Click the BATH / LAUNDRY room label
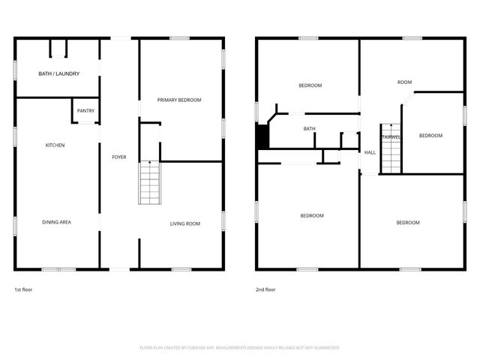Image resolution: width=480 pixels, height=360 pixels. pos(58,73)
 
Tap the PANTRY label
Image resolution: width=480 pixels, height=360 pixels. pos(85,111)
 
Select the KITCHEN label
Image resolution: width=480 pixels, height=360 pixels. pos(55,145)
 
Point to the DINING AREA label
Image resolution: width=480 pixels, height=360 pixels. pos(57,222)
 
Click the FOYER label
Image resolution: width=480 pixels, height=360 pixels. pos(119,157)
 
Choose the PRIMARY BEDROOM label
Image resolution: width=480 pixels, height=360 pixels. pos(179,100)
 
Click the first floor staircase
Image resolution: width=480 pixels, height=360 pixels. pos(149,182)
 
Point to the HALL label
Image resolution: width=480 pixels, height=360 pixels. pos(370,153)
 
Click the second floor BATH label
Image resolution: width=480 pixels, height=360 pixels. pos(309,129)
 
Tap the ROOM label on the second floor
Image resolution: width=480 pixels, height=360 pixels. pos(405,82)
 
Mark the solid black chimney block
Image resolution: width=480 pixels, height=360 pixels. pos(262,136)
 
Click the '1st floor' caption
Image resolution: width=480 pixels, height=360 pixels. pos(23,289)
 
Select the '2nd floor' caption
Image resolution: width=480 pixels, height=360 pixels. pos(265,289)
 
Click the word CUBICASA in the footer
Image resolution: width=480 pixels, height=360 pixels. pos(204,348)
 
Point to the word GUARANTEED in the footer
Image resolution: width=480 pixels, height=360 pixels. pos(323,348)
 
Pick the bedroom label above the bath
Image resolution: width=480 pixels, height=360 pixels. pos(310,85)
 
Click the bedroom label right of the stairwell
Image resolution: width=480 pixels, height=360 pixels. pos(430,136)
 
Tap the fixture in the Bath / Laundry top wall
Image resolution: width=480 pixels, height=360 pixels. pos(58,48)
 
